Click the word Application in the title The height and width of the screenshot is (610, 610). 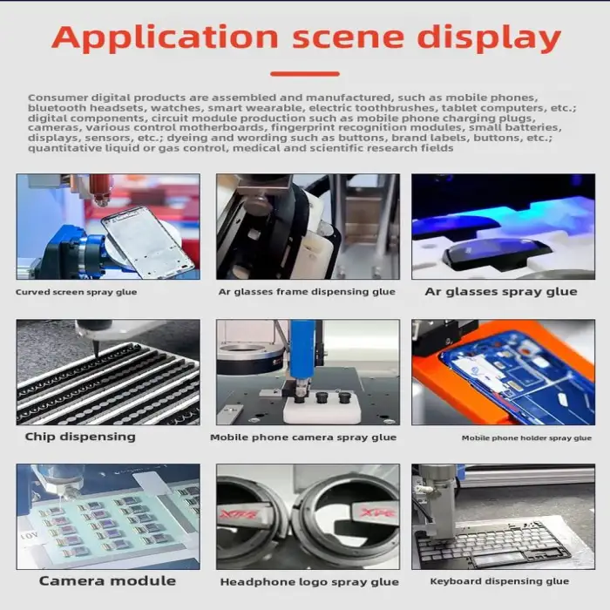coord(166,38)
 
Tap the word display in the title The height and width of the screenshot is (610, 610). coord(489,38)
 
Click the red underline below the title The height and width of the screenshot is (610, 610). coord(305,73)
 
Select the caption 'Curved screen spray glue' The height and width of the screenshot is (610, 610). coord(77,292)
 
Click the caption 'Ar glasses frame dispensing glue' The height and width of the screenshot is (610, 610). coord(307,292)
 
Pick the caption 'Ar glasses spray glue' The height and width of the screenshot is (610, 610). coord(501,292)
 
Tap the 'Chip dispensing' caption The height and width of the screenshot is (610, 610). coord(80,437)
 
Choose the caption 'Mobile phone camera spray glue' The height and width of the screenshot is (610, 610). coord(303,437)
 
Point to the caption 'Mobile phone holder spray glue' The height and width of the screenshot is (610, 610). coord(526,438)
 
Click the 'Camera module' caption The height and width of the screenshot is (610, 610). coord(107,581)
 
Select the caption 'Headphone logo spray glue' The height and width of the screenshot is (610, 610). coord(309,582)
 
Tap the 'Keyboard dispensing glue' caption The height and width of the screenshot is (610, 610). coord(499,581)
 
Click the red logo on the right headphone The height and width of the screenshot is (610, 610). coord(377,512)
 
